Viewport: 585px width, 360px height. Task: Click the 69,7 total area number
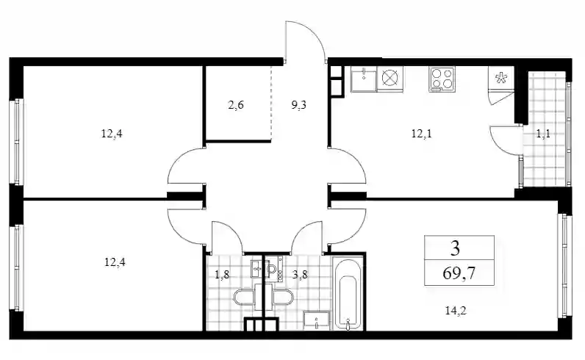pos(459,273)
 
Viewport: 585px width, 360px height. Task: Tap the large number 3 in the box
pos(455,248)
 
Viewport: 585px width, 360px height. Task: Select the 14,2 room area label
pos(456,310)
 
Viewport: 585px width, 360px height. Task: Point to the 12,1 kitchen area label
pos(421,133)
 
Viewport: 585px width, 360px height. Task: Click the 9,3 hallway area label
pos(298,105)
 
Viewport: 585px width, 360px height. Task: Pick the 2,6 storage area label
pos(235,105)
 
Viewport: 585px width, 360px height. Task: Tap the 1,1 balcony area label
pos(543,134)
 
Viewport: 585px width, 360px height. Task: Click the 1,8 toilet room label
pos(222,276)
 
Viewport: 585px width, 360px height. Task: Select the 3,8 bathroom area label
pos(300,276)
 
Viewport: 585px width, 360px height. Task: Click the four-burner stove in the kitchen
pos(442,79)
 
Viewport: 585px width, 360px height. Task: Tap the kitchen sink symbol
pos(364,79)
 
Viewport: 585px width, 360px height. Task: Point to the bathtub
pos(347,293)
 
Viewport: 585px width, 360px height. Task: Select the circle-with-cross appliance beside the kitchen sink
pos(390,79)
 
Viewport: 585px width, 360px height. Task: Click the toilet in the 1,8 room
pos(245,297)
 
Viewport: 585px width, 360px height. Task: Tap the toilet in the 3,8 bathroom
pos(283,297)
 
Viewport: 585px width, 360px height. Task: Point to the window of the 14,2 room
pos(565,267)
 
